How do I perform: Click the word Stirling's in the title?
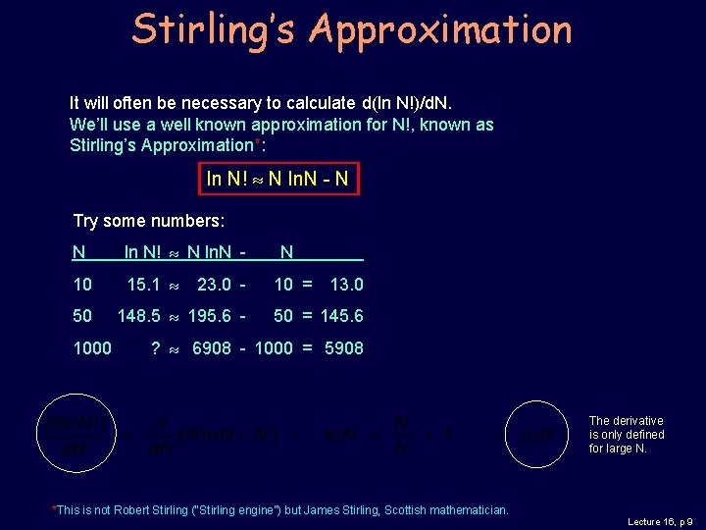[214, 29]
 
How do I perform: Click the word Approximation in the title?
[439, 29]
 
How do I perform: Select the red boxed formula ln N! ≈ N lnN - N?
[277, 179]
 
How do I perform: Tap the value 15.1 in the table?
[143, 285]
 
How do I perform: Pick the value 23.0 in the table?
[214, 285]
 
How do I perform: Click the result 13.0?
[346, 285]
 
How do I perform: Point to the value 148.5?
[138, 316]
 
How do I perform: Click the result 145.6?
[342, 316]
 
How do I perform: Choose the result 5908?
[343, 347]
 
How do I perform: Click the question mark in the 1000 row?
[156, 347]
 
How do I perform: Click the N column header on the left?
[78, 252]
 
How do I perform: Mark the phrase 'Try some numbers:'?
[149, 221]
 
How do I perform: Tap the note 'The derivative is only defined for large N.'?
[627, 435]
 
